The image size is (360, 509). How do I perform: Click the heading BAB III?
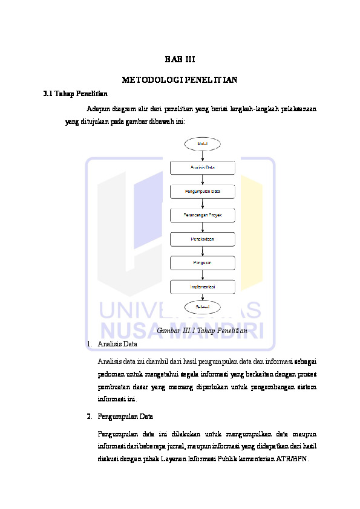pos(180,59)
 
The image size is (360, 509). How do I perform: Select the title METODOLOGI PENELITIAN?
pos(180,80)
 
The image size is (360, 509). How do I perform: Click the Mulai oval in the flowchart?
pos(203,144)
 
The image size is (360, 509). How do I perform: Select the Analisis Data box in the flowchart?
pos(203,167)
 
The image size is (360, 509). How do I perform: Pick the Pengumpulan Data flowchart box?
pos(203,192)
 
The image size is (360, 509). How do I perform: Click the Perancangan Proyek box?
pos(203,215)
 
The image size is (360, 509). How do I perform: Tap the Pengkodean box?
pos(203,239)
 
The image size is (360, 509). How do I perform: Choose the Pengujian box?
pos(203,263)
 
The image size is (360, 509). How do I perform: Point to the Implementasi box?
pos(203,287)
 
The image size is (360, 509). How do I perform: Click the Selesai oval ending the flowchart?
pos(203,308)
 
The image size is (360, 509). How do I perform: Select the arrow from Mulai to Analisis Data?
pos(203,155)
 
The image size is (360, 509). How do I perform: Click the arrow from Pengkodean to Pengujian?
pos(203,251)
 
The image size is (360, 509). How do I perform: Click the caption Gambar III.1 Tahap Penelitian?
pos(202,331)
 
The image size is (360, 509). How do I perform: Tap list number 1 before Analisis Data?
pos(88,344)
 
